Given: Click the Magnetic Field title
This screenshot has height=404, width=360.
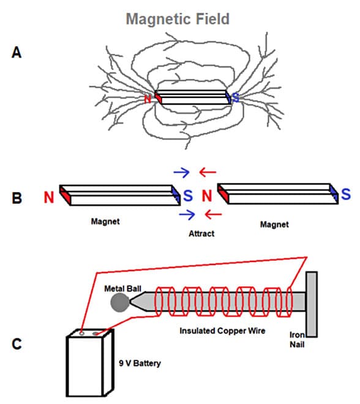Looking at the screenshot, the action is pyautogui.click(x=178, y=19).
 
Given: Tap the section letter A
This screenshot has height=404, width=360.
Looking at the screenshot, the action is pyautogui.click(x=17, y=52).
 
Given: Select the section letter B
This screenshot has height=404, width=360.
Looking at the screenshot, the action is pyautogui.click(x=17, y=198).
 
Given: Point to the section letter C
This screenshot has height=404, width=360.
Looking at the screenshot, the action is pyautogui.click(x=17, y=344).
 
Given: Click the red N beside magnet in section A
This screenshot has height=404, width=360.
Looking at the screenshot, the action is pyautogui.click(x=148, y=99).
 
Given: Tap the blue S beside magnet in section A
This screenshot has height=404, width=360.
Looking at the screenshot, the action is pyautogui.click(x=236, y=98).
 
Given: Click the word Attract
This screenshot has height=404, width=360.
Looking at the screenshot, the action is pyautogui.click(x=201, y=234).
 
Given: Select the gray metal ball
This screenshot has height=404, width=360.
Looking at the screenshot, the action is pyautogui.click(x=120, y=302).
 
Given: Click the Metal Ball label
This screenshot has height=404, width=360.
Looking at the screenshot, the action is pyautogui.click(x=122, y=288).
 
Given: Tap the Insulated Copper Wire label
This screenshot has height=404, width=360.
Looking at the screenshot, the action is pyautogui.click(x=222, y=331).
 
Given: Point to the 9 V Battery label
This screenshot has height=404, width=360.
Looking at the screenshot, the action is pyautogui.click(x=140, y=363).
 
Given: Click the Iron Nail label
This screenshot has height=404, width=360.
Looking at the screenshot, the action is pyautogui.click(x=297, y=340).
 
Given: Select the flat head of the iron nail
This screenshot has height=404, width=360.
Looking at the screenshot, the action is pyautogui.click(x=312, y=304).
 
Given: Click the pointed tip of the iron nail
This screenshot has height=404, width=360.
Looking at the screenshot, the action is pyautogui.click(x=130, y=301).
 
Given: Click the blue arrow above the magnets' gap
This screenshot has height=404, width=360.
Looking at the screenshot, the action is pyautogui.click(x=182, y=173).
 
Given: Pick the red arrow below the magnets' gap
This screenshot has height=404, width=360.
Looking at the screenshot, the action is pyautogui.click(x=213, y=214).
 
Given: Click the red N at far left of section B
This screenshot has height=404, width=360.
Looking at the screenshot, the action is pyautogui.click(x=49, y=197).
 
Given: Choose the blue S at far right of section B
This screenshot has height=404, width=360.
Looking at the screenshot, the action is pyautogui.click(x=346, y=194).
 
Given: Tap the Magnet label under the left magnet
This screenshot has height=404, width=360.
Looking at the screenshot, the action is pyautogui.click(x=105, y=222).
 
